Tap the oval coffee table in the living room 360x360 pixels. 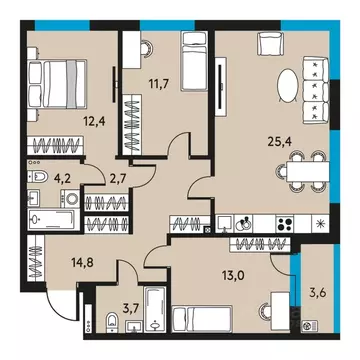coord(288,83)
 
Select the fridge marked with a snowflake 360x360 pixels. coord(318,221)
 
